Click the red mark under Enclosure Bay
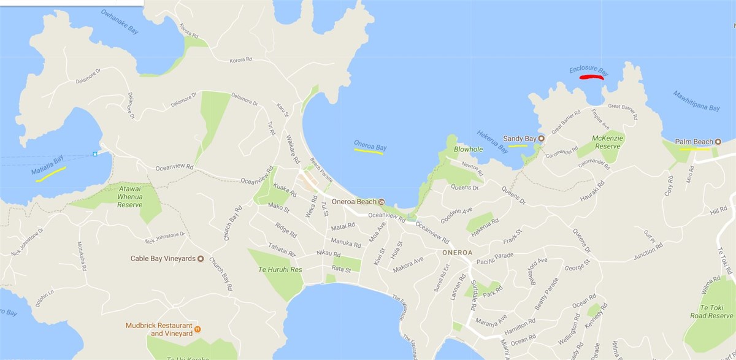point(592,77)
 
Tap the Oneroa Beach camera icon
point(381,202)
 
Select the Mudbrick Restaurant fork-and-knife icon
point(197,329)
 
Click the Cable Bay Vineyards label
point(163,258)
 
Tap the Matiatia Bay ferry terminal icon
point(95,153)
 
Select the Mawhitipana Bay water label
point(696,100)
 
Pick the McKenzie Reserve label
point(608,142)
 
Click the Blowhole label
point(468,149)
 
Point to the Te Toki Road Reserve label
point(711,312)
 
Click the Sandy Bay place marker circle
point(542,139)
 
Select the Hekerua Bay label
point(492,140)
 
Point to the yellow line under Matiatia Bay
point(51,174)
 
